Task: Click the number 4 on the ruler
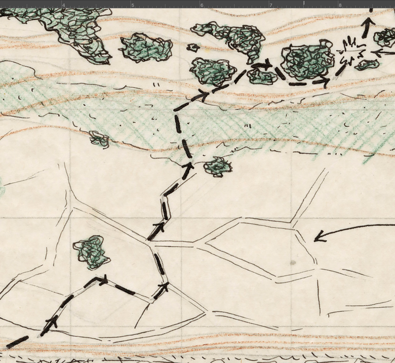pyautogui.click(x=64, y=5)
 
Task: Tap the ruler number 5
pyautogui.click(x=132, y=5)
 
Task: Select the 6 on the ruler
pyautogui.click(x=201, y=5)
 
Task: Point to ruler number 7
pyautogui.click(x=271, y=5)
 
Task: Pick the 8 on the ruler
pyautogui.click(x=340, y=5)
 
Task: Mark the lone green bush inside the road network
pyautogui.click(x=91, y=251)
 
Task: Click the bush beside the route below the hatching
pyautogui.click(x=217, y=166)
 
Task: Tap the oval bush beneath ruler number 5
pyautogui.click(x=146, y=48)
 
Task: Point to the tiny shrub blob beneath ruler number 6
pyautogui.click(x=194, y=47)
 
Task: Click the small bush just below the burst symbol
pyautogui.click(x=366, y=65)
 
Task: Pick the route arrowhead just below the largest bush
pyautogui.click(x=323, y=81)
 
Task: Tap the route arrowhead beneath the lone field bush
pyautogui.click(x=102, y=280)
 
